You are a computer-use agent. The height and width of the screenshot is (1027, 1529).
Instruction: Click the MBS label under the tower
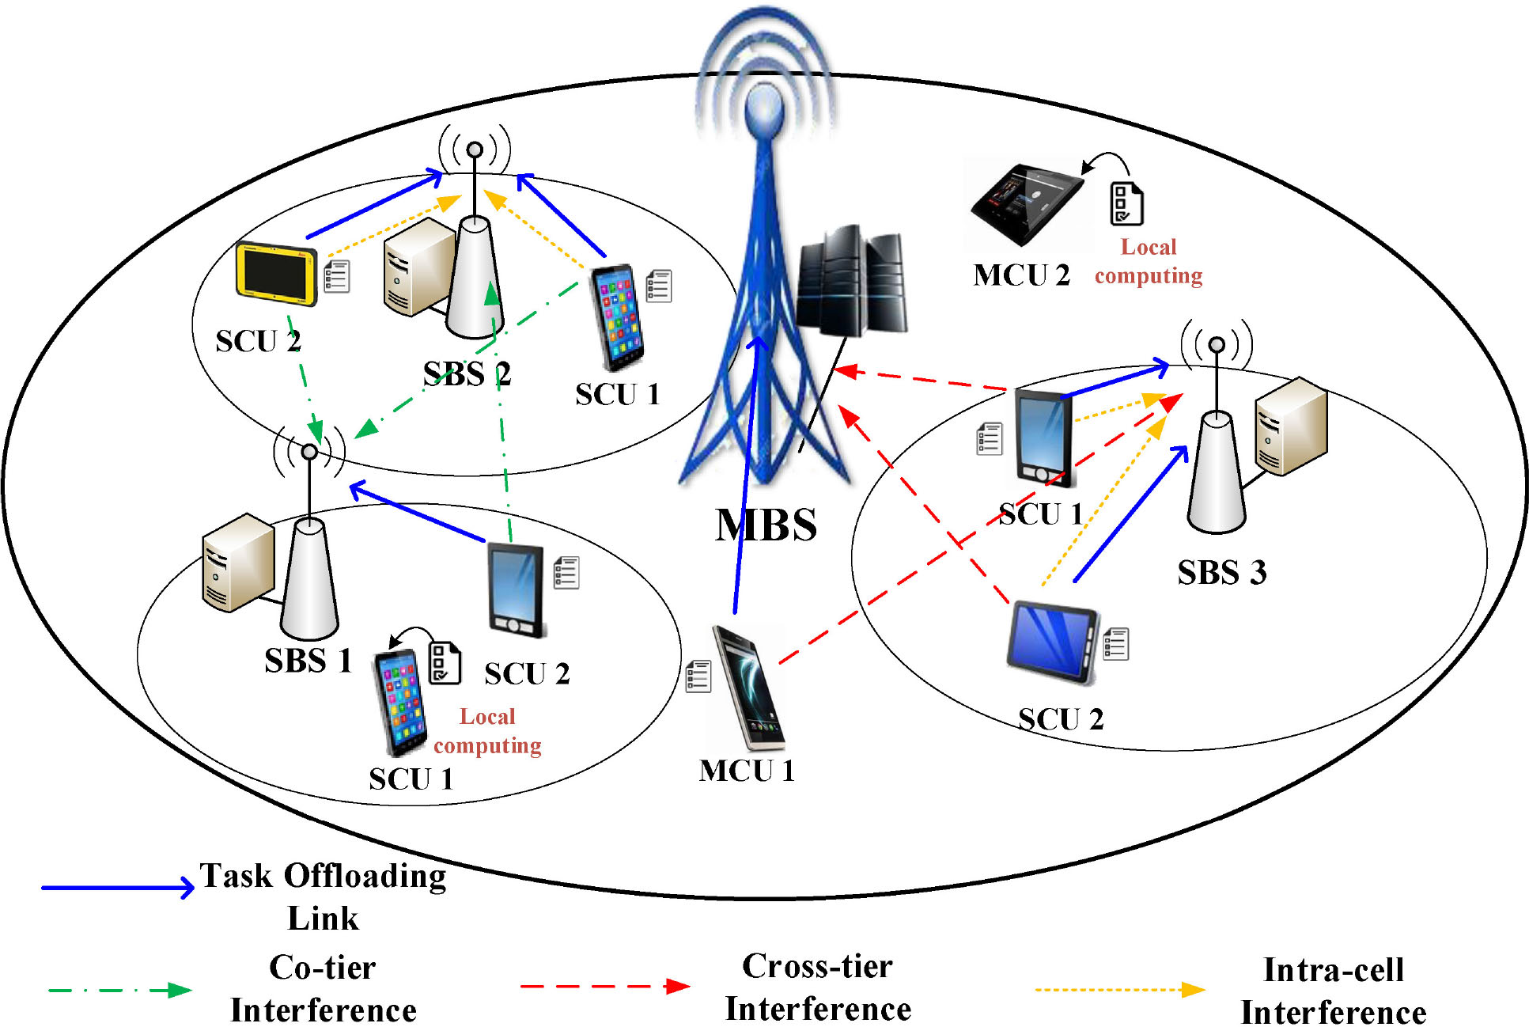(x=766, y=525)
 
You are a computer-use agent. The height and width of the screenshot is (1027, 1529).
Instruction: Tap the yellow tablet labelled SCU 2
(x=276, y=273)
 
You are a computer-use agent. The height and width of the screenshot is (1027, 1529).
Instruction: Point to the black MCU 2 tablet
(x=1027, y=202)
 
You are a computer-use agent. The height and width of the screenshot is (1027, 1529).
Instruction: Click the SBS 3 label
(x=1221, y=572)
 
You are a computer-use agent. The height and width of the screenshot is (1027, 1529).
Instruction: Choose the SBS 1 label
(x=308, y=661)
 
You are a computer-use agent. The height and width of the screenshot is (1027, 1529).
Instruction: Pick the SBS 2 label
(x=467, y=373)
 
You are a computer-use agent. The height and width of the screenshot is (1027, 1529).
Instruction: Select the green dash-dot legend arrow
(x=119, y=990)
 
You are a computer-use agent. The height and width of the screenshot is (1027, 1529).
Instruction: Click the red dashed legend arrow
(x=604, y=987)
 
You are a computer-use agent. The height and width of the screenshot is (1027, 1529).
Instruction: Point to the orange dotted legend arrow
(x=1119, y=990)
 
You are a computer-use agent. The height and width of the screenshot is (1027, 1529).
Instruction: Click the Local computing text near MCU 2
(x=1149, y=261)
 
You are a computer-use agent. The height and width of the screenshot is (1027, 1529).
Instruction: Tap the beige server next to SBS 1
(x=237, y=562)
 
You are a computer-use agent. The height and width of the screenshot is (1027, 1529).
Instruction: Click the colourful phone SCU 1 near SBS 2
(x=618, y=316)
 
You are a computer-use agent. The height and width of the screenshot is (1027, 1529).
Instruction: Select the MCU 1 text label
(x=746, y=771)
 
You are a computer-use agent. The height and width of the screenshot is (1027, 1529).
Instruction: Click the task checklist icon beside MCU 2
(x=1126, y=203)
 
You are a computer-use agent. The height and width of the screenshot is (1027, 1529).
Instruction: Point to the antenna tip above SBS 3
(x=1217, y=344)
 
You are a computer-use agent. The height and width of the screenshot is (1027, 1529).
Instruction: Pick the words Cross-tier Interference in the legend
(x=818, y=987)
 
